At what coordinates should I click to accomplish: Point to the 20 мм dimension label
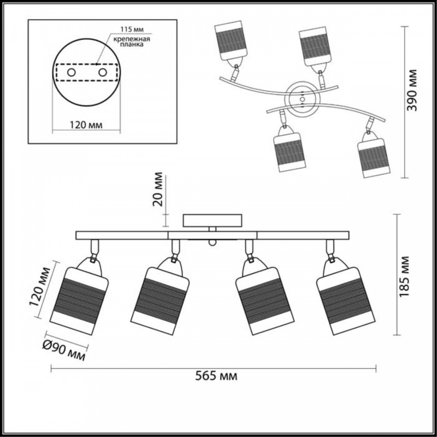tap(158, 190)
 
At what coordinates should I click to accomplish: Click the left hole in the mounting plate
tap(71, 72)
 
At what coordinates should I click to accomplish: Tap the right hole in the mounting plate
tap(102, 72)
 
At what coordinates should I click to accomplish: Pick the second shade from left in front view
tap(160, 296)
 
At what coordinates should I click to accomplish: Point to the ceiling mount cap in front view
tap(212, 221)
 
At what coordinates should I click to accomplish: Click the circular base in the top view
tap(302, 99)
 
